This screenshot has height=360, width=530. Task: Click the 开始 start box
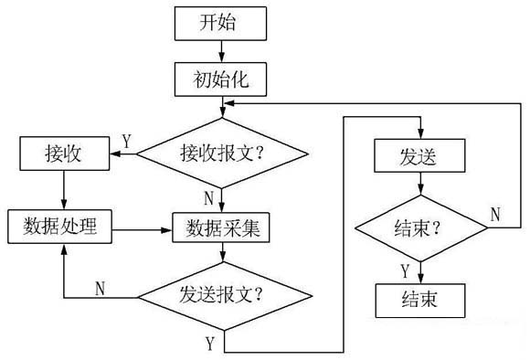220,23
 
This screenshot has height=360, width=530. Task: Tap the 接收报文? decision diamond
220,154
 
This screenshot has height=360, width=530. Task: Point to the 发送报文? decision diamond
222,297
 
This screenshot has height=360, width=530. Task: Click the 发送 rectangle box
419,156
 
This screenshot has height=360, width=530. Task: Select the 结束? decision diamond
419,228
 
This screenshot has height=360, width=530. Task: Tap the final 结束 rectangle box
419,300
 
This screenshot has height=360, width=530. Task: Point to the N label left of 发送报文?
102,286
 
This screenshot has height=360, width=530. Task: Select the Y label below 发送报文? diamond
209,344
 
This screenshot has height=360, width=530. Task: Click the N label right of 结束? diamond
495,215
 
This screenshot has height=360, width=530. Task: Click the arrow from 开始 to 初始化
220,51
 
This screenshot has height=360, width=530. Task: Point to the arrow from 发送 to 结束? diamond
419,185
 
